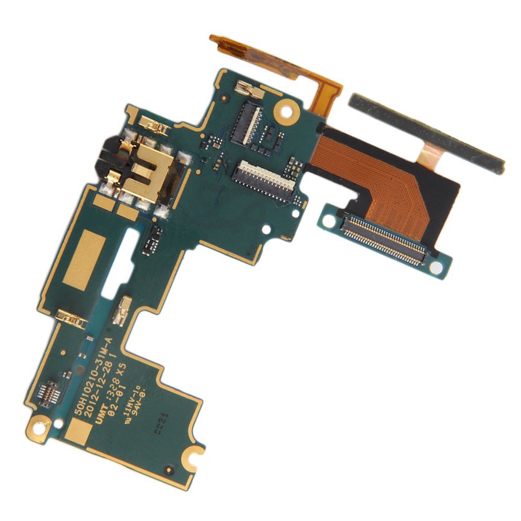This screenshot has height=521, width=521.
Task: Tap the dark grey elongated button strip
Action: (x=428, y=133)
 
